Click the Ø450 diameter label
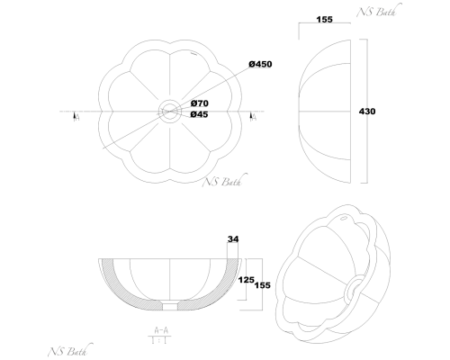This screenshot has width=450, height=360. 260,64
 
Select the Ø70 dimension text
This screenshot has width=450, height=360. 200,103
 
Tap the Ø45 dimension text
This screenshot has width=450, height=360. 199,114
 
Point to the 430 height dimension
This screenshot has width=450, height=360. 367,112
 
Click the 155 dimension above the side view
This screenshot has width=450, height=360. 325,20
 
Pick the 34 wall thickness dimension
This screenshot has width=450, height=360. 233,239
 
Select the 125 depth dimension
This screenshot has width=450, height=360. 246,280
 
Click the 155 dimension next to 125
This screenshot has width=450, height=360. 263,285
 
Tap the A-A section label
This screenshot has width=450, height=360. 161,330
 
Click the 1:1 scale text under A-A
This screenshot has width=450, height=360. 159,340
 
